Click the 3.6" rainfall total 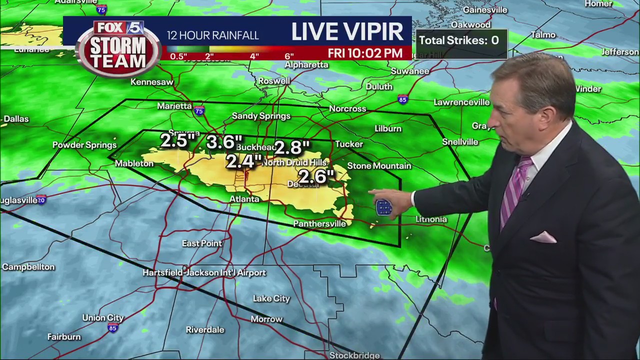[x=224, y=142]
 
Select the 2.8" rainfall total [x=292, y=147]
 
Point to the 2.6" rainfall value [x=316, y=176]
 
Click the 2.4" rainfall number [x=244, y=161]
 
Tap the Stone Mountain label [x=379, y=166]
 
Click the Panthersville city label [x=319, y=223]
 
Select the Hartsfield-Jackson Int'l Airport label [x=204, y=272]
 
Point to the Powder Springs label [x=84, y=145]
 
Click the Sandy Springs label [x=261, y=116]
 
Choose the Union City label [x=103, y=317]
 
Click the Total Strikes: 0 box [x=459, y=40]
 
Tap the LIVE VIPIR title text [x=347, y=32]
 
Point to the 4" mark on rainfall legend [x=254, y=56]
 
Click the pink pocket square [x=543, y=237]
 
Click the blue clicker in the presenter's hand [x=384, y=207]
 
